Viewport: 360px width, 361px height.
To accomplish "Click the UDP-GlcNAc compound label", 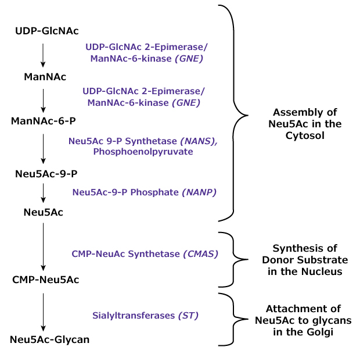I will pos(47,30).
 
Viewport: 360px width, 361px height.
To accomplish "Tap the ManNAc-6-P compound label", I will pos(44,120).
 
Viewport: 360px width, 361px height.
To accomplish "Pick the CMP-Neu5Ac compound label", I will pos(46,280).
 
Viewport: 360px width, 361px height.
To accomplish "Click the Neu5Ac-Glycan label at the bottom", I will pos(49,339).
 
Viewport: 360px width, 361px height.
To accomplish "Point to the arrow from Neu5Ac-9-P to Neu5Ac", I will pos(43,192).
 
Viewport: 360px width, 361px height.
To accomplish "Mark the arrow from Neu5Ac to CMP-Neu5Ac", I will pos(43,246).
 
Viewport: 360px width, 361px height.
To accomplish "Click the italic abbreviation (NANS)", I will pos(199,141).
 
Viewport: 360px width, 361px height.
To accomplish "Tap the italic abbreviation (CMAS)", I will pos(200,253).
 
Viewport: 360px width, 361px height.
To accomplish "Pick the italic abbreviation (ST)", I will pos(188,316).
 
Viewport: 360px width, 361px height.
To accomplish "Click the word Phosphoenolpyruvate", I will pos(143,152).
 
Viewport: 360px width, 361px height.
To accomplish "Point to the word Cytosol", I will pos(305,135).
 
